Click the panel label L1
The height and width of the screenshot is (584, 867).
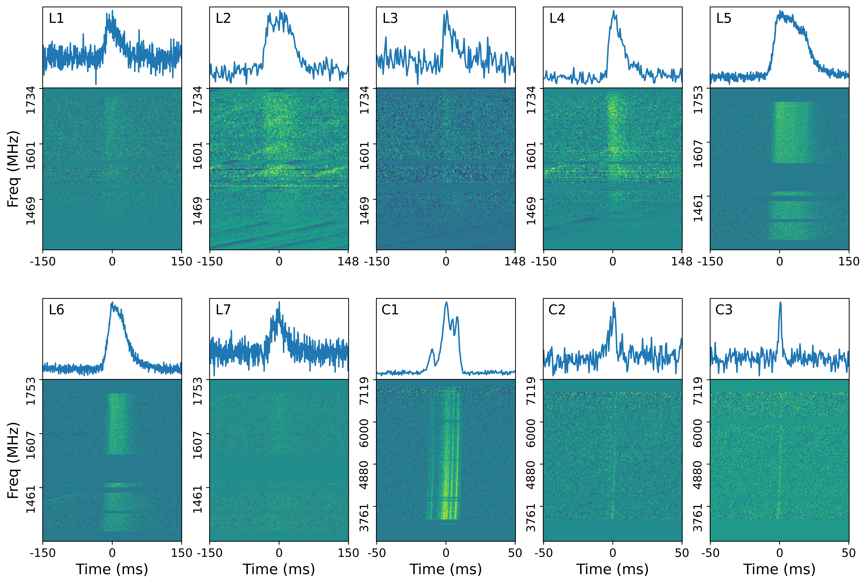tap(56, 18)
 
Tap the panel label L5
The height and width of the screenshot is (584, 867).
tap(724, 18)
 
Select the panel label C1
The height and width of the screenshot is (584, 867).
tap(390, 310)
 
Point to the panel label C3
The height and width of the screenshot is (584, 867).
tap(724, 310)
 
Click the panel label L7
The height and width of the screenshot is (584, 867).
tap(223, 310)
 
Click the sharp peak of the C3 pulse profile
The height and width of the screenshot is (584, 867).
tap(780, 302)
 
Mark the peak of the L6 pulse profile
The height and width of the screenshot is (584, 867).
tap(112, 303)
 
